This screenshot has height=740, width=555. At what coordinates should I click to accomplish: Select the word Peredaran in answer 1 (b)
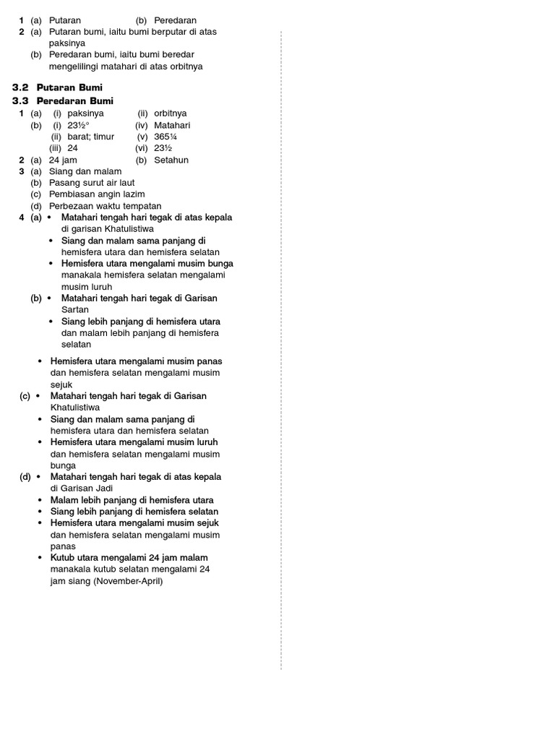(175, 20)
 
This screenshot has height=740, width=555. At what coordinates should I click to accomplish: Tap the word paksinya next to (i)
(85, 113)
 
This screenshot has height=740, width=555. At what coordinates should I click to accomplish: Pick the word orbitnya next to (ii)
(171, 113)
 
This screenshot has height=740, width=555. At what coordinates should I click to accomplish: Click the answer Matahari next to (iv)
(172, 125)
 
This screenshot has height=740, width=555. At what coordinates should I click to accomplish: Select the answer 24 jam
(63, 160)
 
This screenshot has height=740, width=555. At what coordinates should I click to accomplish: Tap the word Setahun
(171, 160)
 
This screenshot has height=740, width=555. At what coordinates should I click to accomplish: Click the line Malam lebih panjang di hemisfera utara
(132, 500)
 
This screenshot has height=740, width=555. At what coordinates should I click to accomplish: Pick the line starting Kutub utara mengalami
(129, 558)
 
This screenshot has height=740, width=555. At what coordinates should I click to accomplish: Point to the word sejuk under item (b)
(62, 384)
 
